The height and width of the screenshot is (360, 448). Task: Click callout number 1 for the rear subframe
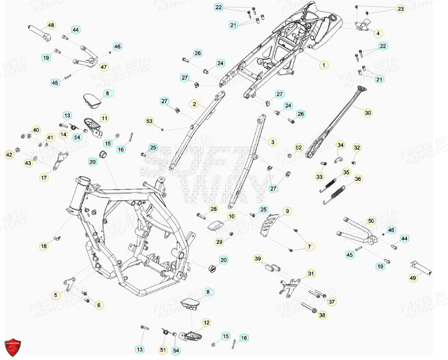[x=323, y=65]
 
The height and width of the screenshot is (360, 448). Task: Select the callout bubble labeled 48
[x=51, y=25]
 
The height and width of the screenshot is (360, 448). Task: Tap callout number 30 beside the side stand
[x=368, y=112]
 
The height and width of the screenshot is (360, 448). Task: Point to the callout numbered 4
[x=378, y=34]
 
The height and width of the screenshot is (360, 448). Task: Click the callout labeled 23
[x=400, y=9]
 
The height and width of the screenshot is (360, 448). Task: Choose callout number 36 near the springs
[x=358, y=179]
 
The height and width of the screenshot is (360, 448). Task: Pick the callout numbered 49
[x=413, y=278]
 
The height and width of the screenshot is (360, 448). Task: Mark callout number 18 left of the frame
[x=44, y=246]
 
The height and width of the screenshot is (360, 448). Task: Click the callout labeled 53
[x=149, y=122]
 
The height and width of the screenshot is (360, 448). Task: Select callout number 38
[x=322, y=315]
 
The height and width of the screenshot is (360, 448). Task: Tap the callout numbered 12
[x=206, y=323]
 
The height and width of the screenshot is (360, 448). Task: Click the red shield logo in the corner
[x=12, y=347]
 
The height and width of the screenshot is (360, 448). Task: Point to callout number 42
[x=9, y=154]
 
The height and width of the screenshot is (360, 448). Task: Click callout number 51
[x=163, y=350]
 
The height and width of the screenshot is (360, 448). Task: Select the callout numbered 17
[x=44, y=178]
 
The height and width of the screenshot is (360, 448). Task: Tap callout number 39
[x=258, y=259]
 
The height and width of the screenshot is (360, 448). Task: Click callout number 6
[x=99, y=305]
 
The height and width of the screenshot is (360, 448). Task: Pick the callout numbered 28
[x=199, y=209]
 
